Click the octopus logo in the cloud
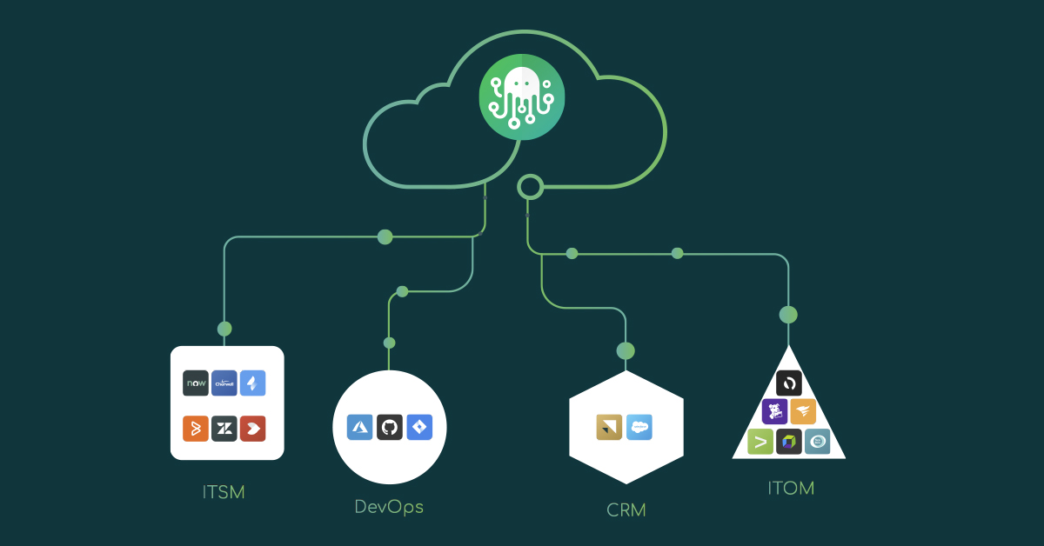pyautogui.click(x=521, y=97)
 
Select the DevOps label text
pyautogui.click(x=389, y=506)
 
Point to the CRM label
pyautogui.click(x=626, y=509)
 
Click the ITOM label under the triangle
pyautogui.click(x=790, y=488)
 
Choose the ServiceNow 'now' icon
pyautogui.click(x=196, y=383)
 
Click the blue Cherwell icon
pyautogui.click(x=224, y=383)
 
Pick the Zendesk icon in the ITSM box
pyautogui.click(x=224, y=429)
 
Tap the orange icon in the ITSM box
pyautogui.click(x=196, y=429)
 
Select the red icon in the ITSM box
pyautogui.click(x=253, y=429)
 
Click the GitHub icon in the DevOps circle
pyautogui.click(x=389, y=427)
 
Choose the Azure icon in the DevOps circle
pyautogui.click(x=360, y=427)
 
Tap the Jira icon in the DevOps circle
pyautogui.click(x=418, y=427)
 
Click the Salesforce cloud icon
pyautogui.click(x=639, y=427)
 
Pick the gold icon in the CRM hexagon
pyautogui.click(x=609, y=427)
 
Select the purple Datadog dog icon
pyautogui.click(x=775, y=411)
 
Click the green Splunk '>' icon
pyautogui.click(x=760, y=442)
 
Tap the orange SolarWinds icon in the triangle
pyautogui.click(x=803, y=411)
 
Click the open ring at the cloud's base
pyautogui.click(x=530, y=187)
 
